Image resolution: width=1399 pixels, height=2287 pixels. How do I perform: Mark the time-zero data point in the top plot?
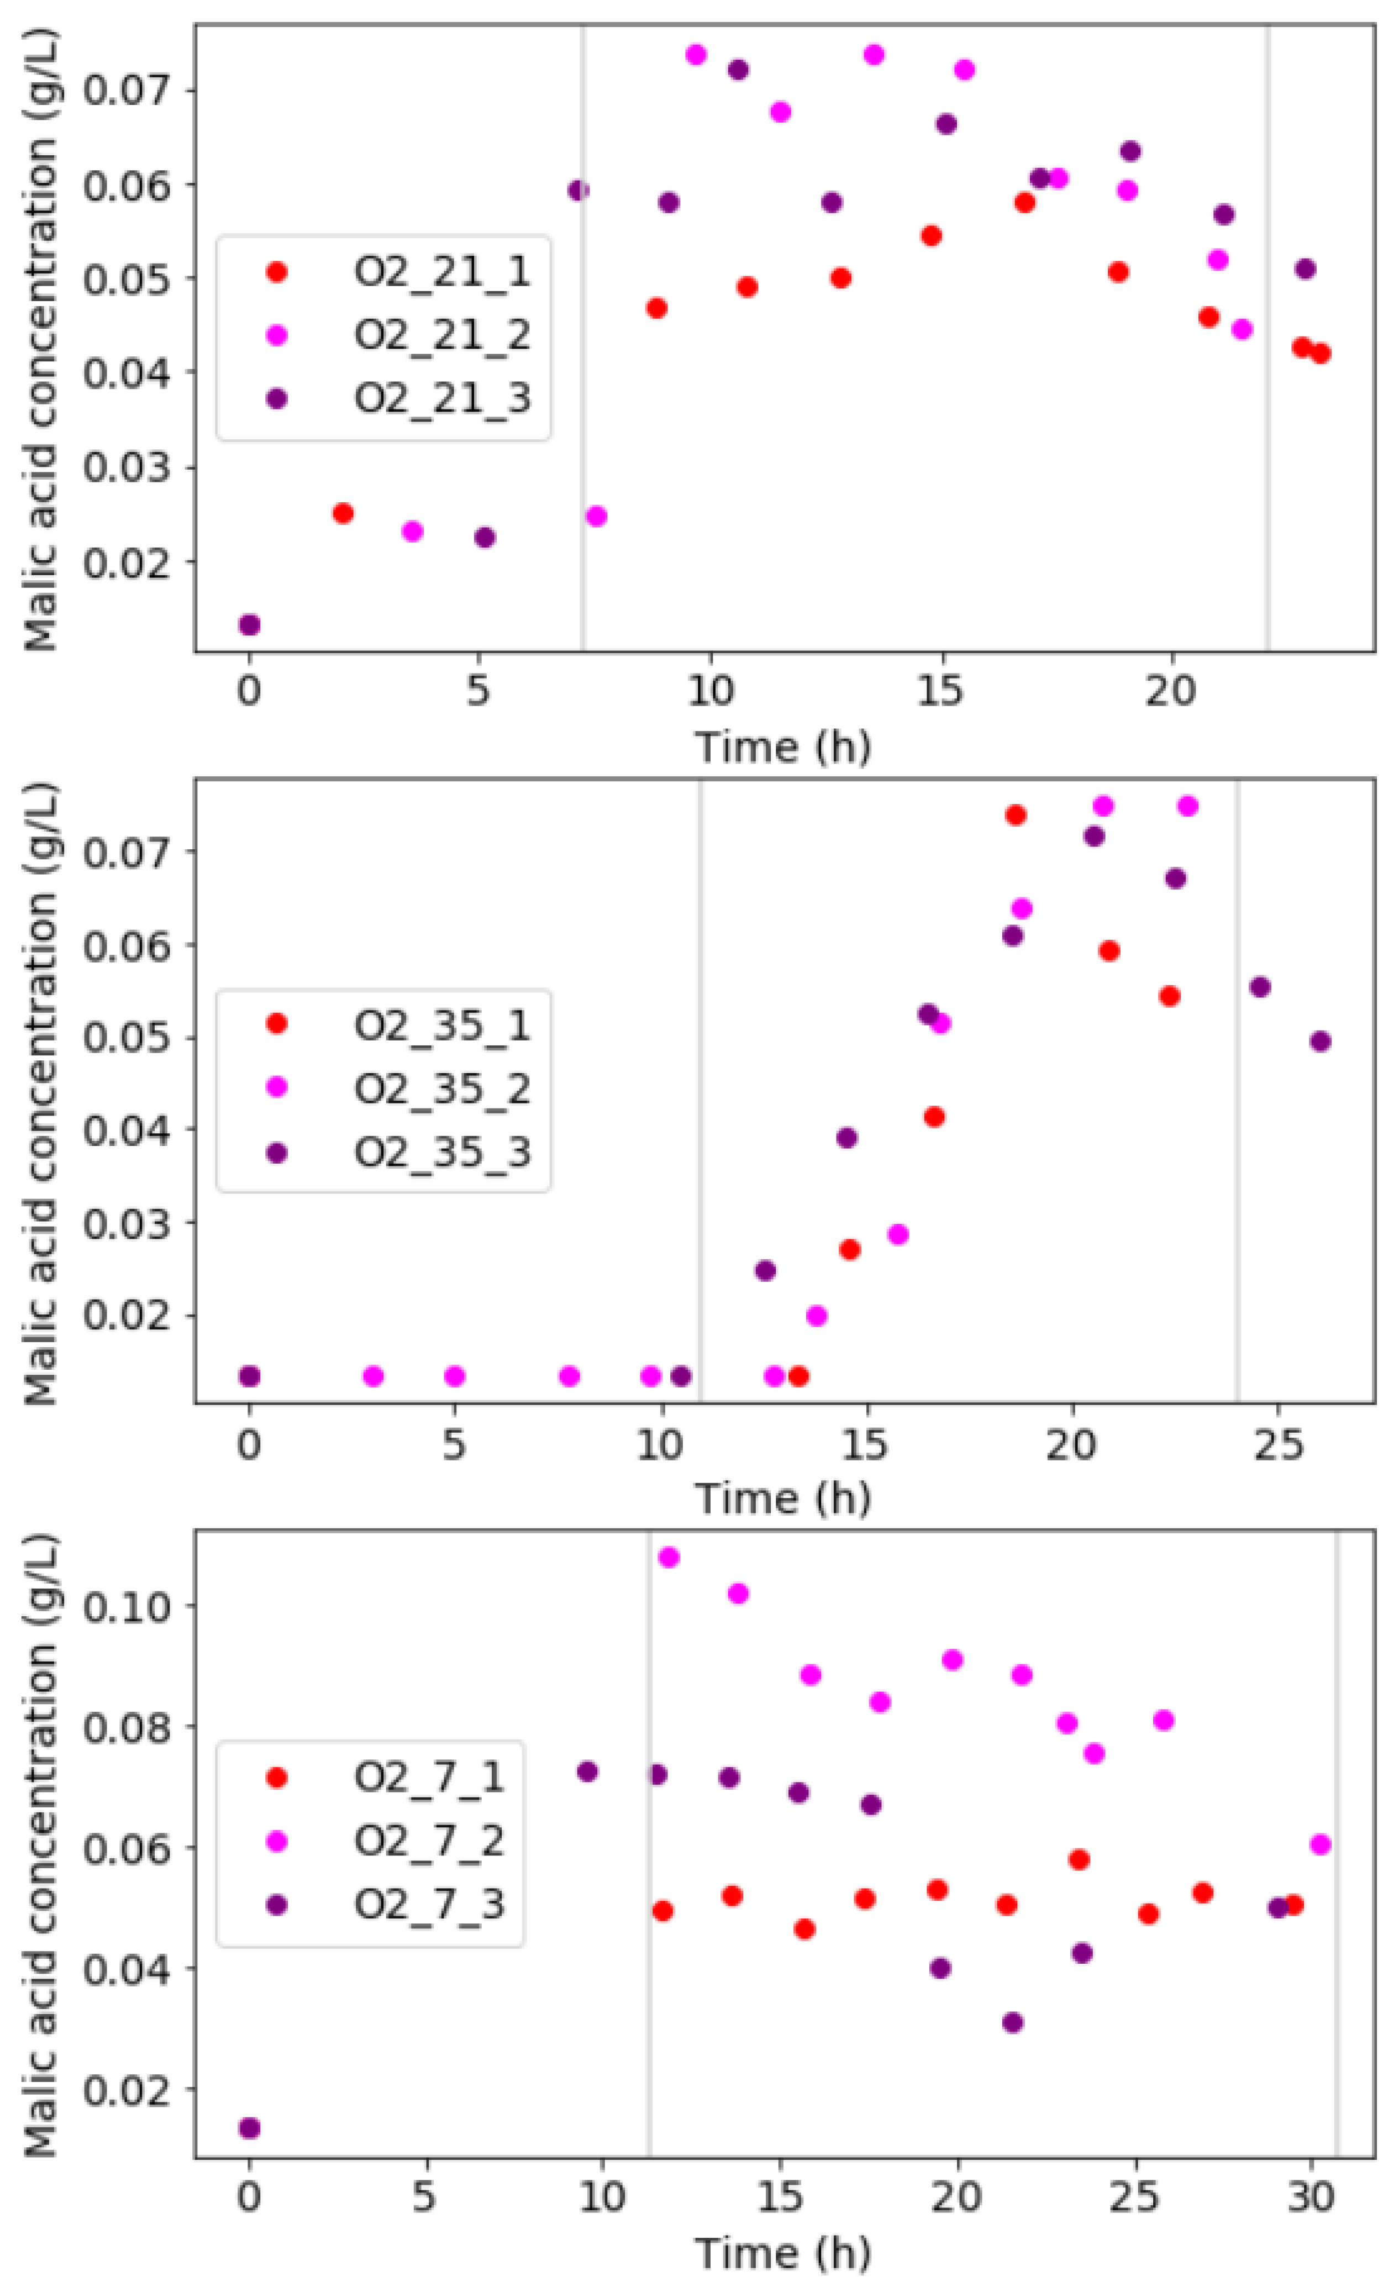coord(249,624)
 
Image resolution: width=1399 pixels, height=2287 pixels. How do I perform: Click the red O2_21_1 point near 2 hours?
coord(343,513)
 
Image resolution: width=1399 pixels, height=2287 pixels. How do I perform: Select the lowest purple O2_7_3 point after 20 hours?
coord(1013,2022)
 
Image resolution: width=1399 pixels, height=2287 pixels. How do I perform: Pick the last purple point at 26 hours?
coord(1320,1042)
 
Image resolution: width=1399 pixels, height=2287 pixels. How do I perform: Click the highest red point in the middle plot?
coord(1016,815)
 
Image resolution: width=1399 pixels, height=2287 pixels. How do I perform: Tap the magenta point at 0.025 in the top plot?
coord(597,516)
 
